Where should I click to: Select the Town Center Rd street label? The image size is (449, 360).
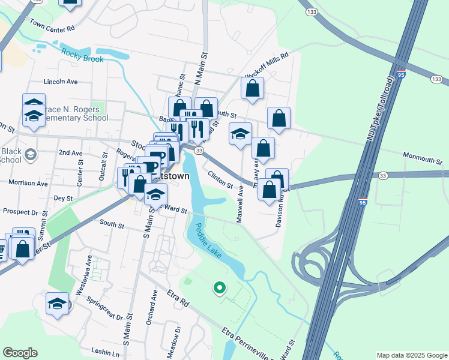(x=52, y=26)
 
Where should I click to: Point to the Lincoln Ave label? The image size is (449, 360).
(x=61, y=82)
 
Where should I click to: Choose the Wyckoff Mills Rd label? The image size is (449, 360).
(x=267, y=65)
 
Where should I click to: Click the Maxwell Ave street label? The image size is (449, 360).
(x=240, y=204)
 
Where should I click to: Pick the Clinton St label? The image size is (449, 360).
(x=220, y=179)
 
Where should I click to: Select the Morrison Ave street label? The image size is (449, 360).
(x=28, y=182)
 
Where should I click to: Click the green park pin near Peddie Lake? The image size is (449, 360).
(x=219, y=289)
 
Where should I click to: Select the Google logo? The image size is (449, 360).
(x=20, y=353)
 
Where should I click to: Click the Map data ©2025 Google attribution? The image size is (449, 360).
(x=411, y=355)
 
